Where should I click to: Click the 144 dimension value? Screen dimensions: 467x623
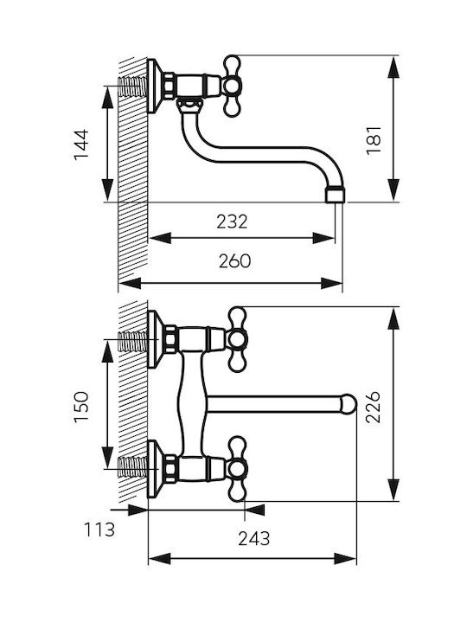81,144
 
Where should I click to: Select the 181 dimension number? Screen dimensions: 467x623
374,140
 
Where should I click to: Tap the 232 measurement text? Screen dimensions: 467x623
232,222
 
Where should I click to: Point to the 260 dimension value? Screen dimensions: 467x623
234,261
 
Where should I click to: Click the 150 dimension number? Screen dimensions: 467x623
81,408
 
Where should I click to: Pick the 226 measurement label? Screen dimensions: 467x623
374,408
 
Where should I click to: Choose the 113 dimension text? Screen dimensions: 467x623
99,530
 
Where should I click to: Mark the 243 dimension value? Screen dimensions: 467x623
254,539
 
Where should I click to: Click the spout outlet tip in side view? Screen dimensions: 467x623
336,195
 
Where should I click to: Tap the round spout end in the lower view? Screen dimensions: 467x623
349,404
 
